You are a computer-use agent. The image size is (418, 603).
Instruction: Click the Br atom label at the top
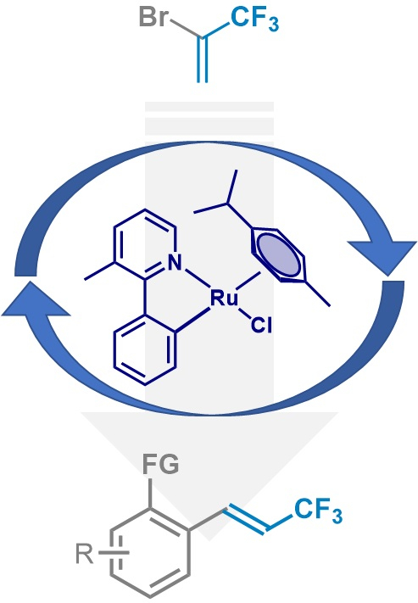pos(154,17)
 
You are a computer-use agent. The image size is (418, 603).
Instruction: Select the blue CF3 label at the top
pos(254,20)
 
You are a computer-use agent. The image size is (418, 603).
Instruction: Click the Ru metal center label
pos(224,298)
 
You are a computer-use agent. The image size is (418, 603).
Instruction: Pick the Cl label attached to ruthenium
pos(261,327)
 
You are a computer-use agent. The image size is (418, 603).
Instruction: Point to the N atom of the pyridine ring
pos(175,264)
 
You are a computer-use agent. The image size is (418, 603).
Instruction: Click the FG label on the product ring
pos(161,464)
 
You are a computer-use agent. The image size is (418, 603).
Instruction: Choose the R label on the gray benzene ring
pos(84,554)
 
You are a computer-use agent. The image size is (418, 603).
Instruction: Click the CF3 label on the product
pos(318,510)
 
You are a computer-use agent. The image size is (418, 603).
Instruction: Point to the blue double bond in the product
pos(246,520)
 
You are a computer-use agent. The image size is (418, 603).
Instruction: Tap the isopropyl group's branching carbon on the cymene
pos(228,203)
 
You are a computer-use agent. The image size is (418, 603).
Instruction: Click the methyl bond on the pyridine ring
pos(99,271)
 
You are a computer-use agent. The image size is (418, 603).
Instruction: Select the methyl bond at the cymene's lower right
pos(318,294)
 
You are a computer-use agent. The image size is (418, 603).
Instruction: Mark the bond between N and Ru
pos(198,277)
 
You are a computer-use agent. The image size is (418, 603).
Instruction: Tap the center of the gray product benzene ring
pos(150,553)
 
